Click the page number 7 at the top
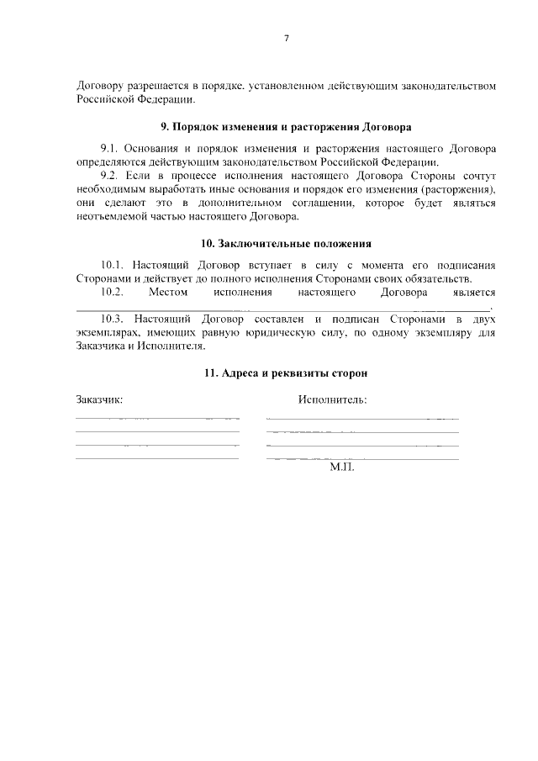pyautogui.click(x=286, y=39)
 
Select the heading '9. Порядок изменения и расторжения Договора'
pyautogui.click(x=286, y=128)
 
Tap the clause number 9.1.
pyautogui.click(x=111, y=149)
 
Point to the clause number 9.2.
pyautogui.click(x=111, y=176)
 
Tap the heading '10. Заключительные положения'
pyautogui.click(x=286, y=244)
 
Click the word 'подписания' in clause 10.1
pyautogui.click(x=463, y=265)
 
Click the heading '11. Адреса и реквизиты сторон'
pyautogui.click(x=286, y=372)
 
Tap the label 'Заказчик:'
pyautogui.click(x=99, y=399)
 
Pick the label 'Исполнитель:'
pyautogui.click(x=332, y=399)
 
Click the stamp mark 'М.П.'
pyautogui.click(x=343, y=466)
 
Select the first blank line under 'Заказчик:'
pyautogui.click(x=157, y=418)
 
